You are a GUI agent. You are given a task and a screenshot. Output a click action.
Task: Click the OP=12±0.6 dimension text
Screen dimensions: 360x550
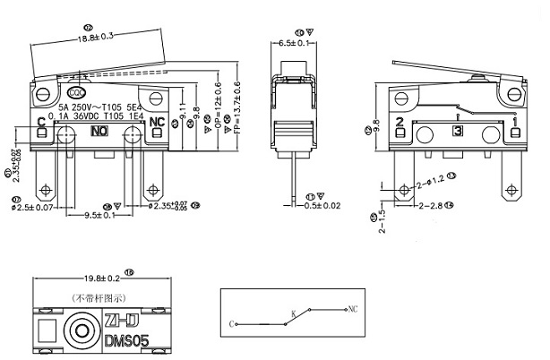(x=218, y=116)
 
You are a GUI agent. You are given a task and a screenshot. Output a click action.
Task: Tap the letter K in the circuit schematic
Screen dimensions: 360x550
(x=292, y=313)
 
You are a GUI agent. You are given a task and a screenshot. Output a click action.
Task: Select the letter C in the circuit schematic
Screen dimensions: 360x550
(x=232, y=323)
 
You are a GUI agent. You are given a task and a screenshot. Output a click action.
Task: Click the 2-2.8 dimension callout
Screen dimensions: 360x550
(x=434, y=206)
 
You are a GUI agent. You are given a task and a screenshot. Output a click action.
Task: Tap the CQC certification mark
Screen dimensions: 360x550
(x=78, y=92)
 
